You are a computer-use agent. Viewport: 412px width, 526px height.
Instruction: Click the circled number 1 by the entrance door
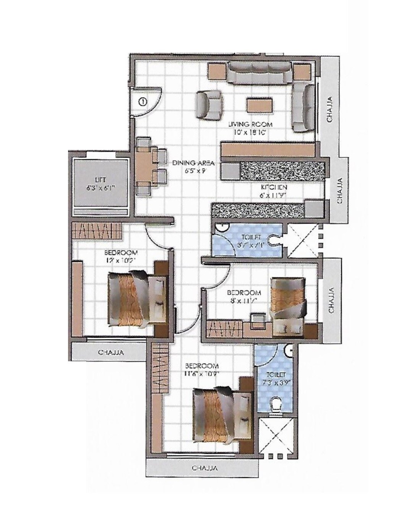tap(142, 102)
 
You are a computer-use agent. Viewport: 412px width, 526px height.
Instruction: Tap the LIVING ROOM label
tap(250, 125)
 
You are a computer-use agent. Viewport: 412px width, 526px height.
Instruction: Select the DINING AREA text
tap(193, 163)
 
